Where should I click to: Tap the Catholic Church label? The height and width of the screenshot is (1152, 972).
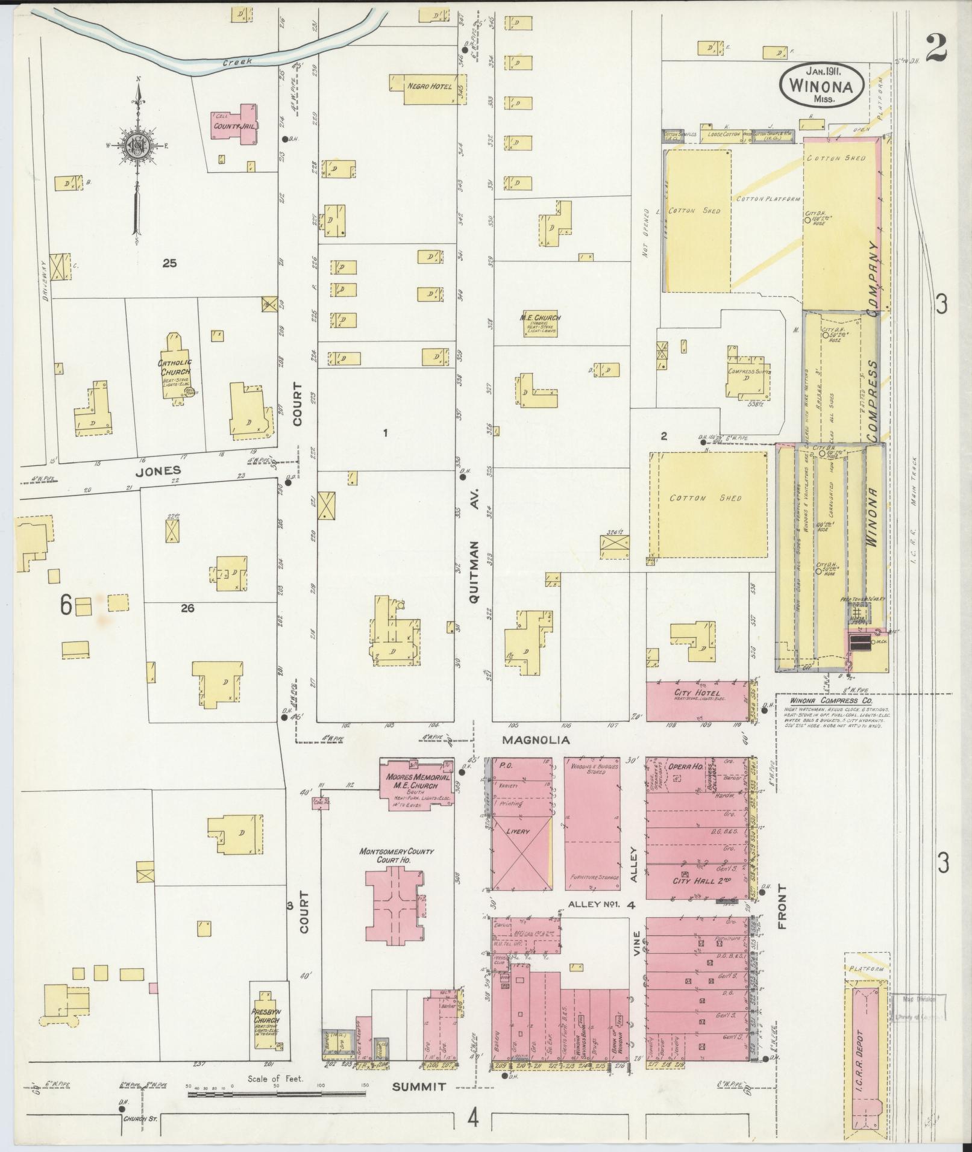tap(174, 367)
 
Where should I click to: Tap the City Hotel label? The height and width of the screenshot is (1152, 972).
tap(698, 693)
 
